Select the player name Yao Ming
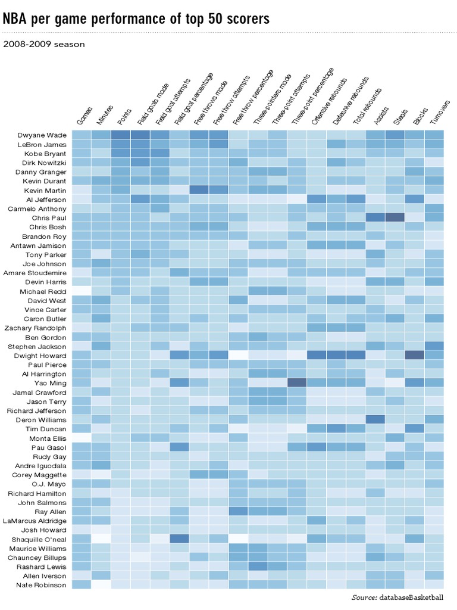(x=51, y=383)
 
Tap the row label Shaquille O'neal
(x=42, y=540)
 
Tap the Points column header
(x=123, y=117)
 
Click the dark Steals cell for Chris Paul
(x=395, y=217)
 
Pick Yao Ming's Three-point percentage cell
(x=297, y=382)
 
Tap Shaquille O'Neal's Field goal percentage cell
(x=179, y=539)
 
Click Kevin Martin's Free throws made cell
(x=199, y=190)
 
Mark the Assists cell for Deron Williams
(x=375, y=419)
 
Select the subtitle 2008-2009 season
(x=44, y=44)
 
